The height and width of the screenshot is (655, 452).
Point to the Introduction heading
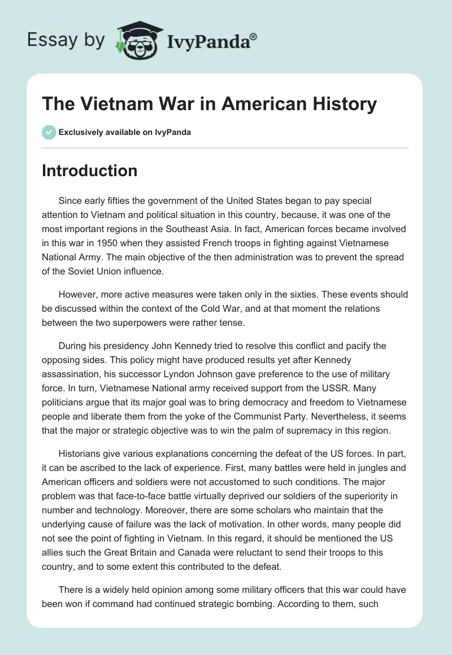click(x=89, y=171)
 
